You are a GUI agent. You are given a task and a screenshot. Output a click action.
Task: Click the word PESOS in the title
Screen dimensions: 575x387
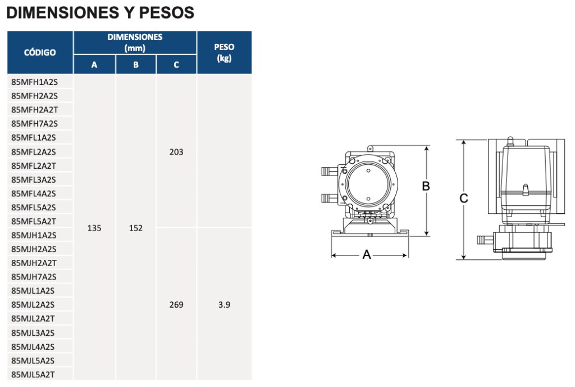[166, 13]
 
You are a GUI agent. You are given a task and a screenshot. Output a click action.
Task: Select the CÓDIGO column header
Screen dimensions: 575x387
[40, 52]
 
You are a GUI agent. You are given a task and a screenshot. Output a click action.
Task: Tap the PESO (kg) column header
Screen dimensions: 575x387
[224, 52]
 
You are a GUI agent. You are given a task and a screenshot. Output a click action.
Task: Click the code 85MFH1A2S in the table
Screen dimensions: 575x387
[34, 82]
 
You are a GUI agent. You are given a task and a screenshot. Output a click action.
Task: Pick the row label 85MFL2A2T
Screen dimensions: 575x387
[34, 166]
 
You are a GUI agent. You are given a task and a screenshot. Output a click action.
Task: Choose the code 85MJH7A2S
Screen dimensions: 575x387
[34, 277]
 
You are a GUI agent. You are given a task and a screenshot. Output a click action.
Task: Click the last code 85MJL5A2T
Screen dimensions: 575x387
[33, 375]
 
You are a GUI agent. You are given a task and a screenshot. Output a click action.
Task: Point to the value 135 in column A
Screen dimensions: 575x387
[94, 228]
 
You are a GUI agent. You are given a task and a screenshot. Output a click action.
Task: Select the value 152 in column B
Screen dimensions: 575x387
[136, 228]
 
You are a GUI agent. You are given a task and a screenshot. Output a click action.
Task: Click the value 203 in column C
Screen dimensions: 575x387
[176, 152]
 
